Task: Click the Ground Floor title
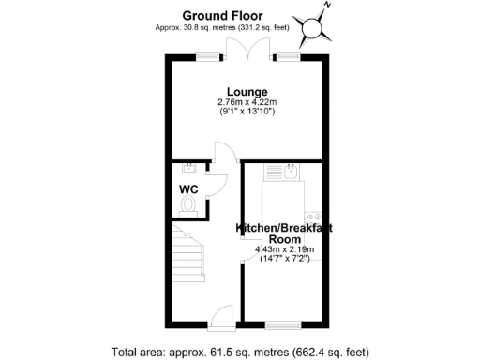click(x=222, y=15)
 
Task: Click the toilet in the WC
click(x=189, y=202)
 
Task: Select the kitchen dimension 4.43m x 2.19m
click(x=284, y=249)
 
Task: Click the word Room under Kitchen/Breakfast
click(x=284, y=239)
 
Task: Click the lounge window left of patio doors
click(x=206, y=57)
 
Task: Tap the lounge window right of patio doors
click(x=287, y=57)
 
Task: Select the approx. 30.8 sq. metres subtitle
click(x=222, y=28)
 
